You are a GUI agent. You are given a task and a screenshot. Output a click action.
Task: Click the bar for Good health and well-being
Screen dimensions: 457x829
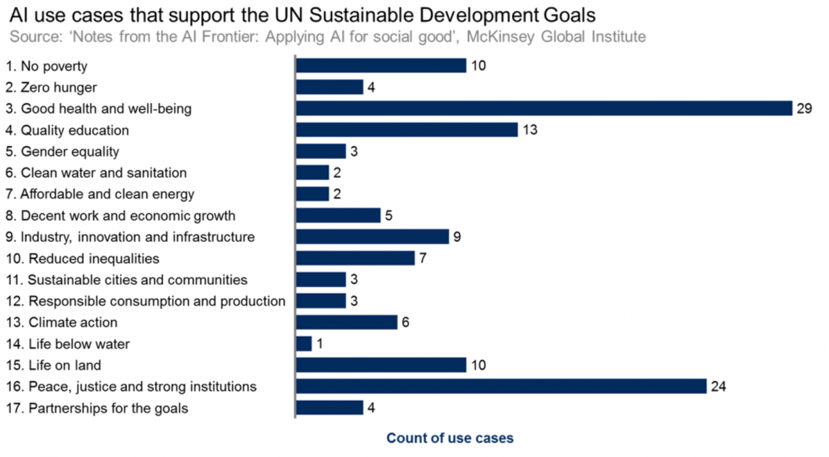pyautogui.click(x=544, y=109)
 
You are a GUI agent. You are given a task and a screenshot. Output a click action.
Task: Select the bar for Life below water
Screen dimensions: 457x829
pyautogui.click(x=304, y=344)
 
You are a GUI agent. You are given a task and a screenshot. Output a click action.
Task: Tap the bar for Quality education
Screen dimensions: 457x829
pyautogui.click(x=407, y=130)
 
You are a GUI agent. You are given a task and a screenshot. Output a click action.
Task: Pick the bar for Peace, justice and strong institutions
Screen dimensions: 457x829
pyautogui.click(x=501, y=386)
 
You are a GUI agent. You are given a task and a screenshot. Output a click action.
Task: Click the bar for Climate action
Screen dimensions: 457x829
pyautogui.click(x=347, y=322)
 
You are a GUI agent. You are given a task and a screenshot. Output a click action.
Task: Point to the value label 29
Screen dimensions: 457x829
pyautogui.click(x=803, y=109)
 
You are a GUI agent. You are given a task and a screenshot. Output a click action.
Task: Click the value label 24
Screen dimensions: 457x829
pyautogui.click(x=718, y=386)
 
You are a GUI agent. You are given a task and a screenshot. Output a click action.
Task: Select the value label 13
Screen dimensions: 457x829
pyautogui.click(x=529, y=130)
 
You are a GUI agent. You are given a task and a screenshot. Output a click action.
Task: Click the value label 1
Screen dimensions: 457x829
pyautogui.click(x=319, y=344)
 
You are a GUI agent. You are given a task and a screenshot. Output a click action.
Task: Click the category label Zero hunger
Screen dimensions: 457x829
pyautogui.click(x=51, y=87)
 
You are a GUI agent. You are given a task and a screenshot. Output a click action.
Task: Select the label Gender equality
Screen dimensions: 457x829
pyautogui.click(x=62, y=151)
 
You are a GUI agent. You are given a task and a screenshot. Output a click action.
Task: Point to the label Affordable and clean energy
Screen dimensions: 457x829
pyautogui.click(x=99, y=194)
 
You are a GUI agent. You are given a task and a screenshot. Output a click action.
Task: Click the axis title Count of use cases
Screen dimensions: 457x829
pyautogui.click(x=450, y=438)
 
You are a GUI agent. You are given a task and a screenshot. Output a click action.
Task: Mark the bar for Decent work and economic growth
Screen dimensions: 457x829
pyautogui.click(x=338, y=216)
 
